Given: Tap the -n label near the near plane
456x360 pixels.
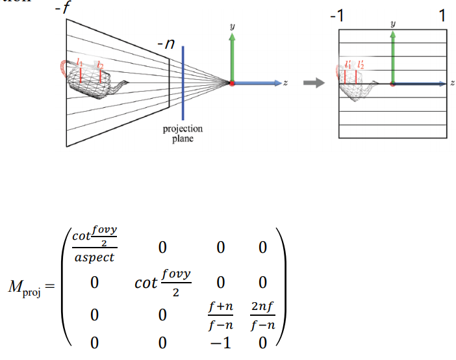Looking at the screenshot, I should (164, 46).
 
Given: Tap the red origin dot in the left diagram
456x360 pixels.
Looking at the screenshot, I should (232, 83).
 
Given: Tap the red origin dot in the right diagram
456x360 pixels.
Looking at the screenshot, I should (392, 83).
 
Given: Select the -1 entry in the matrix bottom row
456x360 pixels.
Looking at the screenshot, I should (222, 343).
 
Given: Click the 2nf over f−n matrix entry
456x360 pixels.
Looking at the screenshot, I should (261, 315).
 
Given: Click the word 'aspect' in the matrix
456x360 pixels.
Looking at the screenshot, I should (94, 257).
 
